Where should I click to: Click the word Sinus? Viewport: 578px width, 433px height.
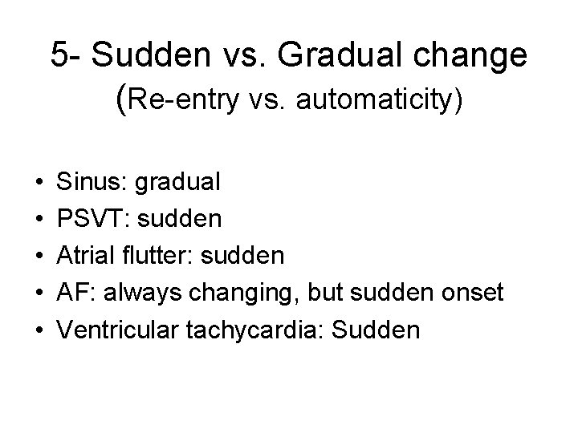click(85, 181)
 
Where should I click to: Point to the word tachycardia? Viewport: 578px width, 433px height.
click(256, 330)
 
